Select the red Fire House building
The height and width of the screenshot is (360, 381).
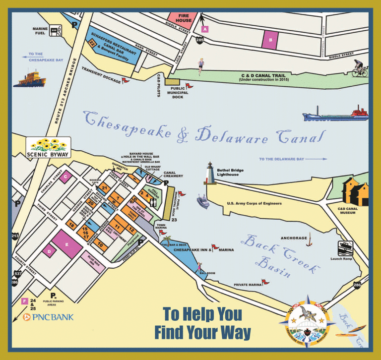[x=184, y=19]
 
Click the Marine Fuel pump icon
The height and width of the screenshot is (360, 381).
[x=59, y=31]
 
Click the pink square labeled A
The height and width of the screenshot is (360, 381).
[x=204, y=29]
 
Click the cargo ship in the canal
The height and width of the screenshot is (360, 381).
[x=335, y=114]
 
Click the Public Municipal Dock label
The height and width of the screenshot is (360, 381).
[x=178, y=93]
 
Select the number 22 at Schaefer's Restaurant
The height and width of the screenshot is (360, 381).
[x=92, y=44]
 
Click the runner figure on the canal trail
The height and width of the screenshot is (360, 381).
[x=201, y=65]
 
